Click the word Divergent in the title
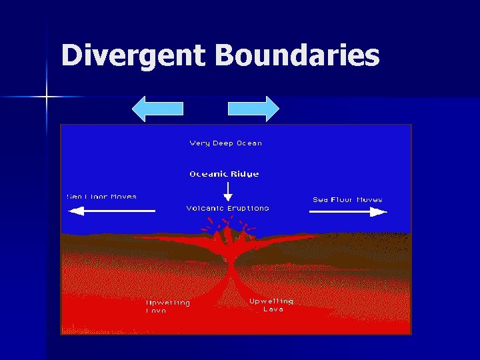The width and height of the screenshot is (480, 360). tap(134, 56)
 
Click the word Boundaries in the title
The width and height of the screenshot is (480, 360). tap(297, 56)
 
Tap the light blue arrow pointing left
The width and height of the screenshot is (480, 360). tap(157, 109)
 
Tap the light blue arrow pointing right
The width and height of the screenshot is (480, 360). tap(254, 109)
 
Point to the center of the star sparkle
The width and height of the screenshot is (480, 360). tap(47, 97)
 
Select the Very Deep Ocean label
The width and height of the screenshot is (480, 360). tap(226, 143)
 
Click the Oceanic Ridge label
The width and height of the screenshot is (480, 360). tap(224, 174)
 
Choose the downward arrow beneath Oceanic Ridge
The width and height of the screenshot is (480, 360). tap(228, 191)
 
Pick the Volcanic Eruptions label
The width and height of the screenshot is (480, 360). tap(227, 208)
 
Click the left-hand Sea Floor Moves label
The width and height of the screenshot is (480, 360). tap(101, 197)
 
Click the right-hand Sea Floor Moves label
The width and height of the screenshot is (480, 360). tap(347, 199)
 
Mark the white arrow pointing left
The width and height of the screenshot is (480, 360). tap(111, 211)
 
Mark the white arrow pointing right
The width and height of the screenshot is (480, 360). tap(348, 211)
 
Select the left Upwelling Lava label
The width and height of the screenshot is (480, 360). tap(168, 307)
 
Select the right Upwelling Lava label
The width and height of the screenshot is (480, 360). tap(271, 305)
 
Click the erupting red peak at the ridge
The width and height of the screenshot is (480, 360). tap(229, 233)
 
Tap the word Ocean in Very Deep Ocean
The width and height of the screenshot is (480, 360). tap(249, 143)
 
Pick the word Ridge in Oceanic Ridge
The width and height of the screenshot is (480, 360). tap(244, 174)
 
